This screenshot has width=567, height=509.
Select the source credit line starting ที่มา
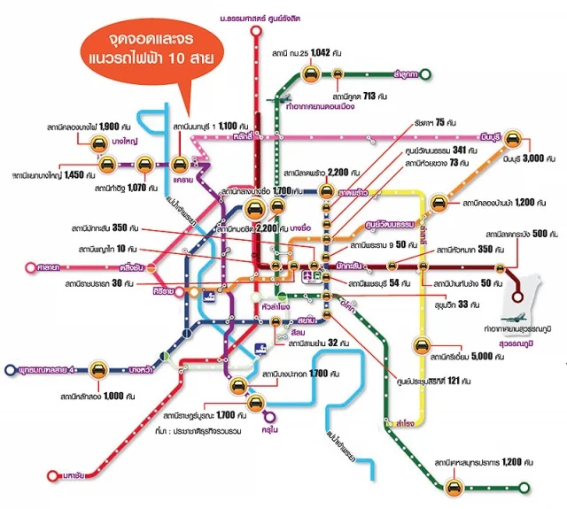coord(204,428)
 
